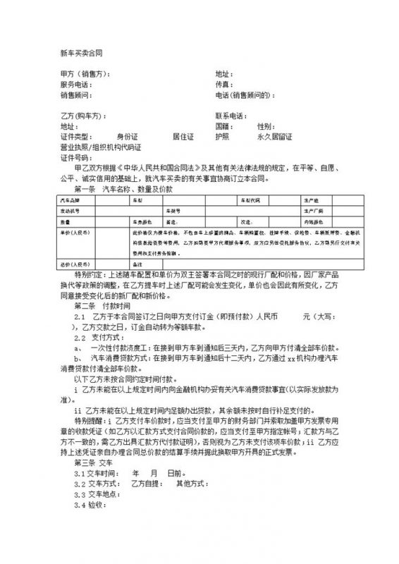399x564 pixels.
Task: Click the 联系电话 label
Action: click(231, 116)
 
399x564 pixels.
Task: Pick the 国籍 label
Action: click(224, 126)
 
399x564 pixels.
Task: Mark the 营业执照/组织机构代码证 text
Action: click(101, 147)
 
